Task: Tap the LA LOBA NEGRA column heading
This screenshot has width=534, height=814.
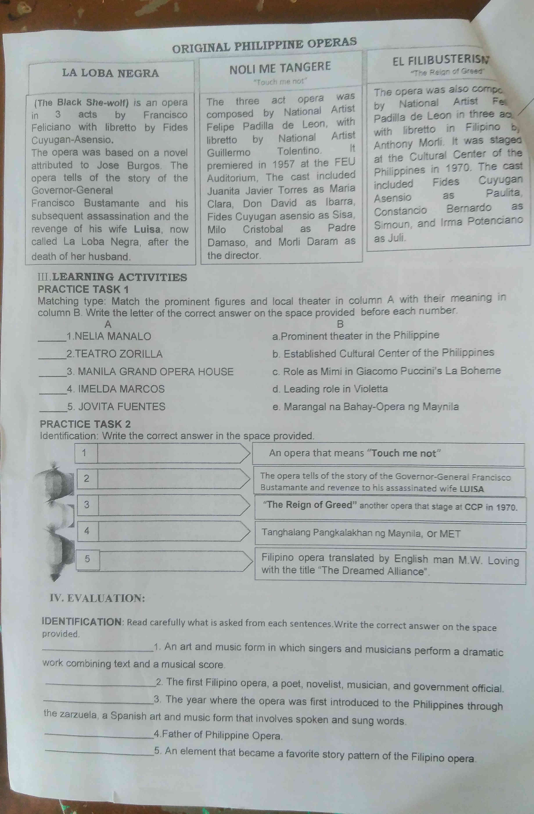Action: (110, 73)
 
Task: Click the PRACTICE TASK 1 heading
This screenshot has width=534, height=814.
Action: (83, 289)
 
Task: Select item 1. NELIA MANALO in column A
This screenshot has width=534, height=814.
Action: (109, 336)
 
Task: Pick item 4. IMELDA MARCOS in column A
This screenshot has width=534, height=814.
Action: (116, 389)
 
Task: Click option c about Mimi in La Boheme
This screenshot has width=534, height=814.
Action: (387, 371)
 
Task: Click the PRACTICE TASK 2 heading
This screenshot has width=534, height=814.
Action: (85, 424)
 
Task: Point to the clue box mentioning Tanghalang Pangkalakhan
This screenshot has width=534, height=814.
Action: (390, 533)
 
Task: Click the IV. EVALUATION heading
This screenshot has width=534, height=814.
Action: (97, 598)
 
